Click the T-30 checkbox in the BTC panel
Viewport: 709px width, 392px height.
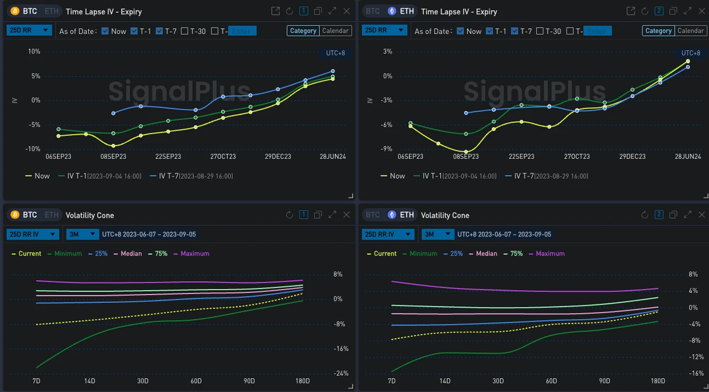(x=185, y=32)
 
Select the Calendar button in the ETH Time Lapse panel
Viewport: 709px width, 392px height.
(x=691, y=31)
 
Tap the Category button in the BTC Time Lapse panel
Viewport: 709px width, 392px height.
(x=303, y=31)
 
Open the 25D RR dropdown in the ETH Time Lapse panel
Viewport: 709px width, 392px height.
(x=384, y=30)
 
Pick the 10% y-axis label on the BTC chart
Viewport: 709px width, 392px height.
(x=34, y=51)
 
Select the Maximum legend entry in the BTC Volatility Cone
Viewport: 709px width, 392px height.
(x=191, y=254)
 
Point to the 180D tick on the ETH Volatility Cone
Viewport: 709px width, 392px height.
(x=657, y=381)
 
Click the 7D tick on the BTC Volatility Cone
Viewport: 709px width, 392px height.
(x=36, y=381)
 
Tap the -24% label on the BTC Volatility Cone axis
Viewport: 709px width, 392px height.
(x=341, y=373)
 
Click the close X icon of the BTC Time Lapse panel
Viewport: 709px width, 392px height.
(x=347, y=11)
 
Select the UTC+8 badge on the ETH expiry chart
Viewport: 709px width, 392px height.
(x=690, y=53)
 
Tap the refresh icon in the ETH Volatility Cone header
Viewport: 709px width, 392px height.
(x=645, y=215)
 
